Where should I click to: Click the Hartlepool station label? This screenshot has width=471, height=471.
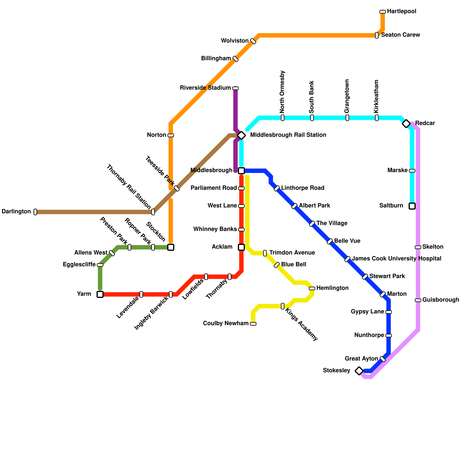402,11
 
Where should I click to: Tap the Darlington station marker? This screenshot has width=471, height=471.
35,212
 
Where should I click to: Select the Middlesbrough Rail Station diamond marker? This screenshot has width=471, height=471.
241,135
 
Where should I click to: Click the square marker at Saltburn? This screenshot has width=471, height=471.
412,206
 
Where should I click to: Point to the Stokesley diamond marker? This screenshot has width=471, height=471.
359,371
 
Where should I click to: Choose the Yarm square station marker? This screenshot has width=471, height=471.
100,294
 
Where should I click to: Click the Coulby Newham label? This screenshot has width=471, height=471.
225,324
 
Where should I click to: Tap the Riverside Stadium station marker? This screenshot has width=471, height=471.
235,88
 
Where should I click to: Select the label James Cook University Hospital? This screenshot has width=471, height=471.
397,259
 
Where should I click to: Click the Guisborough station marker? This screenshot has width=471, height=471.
418,300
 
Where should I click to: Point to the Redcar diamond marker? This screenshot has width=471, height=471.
406,124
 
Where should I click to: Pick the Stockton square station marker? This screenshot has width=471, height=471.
171,247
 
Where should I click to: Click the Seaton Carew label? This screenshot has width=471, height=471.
400,35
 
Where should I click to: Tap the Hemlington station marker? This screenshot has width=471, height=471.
312,288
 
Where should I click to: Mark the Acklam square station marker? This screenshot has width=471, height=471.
241,247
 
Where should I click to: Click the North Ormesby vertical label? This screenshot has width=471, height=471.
282,92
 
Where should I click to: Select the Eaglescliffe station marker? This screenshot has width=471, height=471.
100,265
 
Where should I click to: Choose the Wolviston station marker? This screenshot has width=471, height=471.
253,41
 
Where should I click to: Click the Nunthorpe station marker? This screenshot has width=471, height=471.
389,336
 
